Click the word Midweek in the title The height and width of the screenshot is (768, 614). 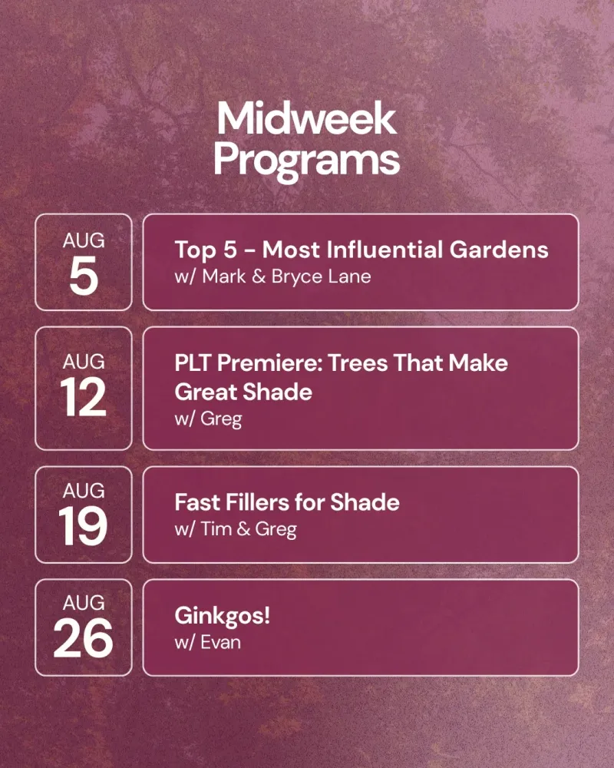(306, 118)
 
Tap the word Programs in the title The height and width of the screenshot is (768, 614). (306, 161)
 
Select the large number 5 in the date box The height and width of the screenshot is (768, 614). (84, 276)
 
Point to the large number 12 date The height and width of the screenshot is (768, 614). (83, 397)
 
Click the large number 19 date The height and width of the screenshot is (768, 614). (83, 526)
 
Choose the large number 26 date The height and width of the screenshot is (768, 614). (83, 637)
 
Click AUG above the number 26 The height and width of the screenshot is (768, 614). (84, 602)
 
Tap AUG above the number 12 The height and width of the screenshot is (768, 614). (84, 362)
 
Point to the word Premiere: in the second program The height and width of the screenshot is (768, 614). (269, 363)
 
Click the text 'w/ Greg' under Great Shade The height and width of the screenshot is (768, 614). (208, 419)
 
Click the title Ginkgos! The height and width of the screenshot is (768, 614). (223, 616)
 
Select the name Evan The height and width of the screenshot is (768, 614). (220, 642)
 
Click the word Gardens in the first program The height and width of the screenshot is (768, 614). (499, 250)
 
